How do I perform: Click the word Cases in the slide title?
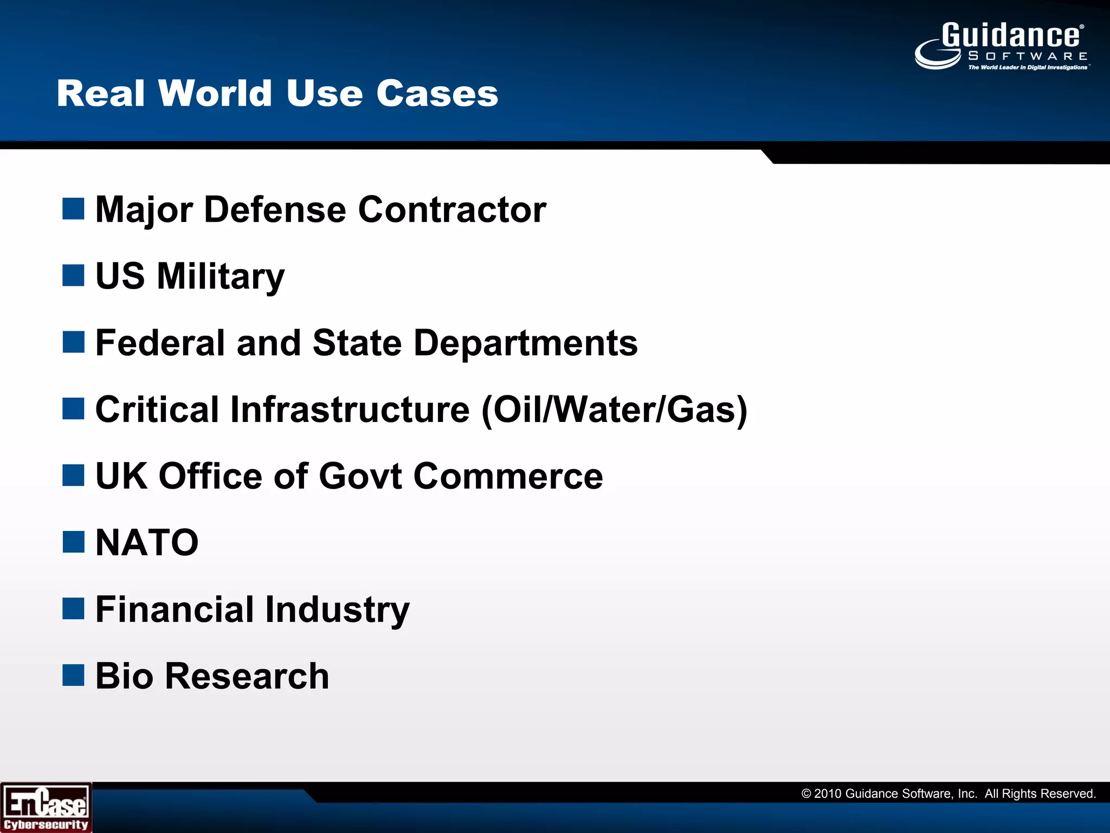pos(437,93)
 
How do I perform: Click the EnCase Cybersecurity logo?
pos(46,808)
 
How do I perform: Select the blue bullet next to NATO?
pos(73,542)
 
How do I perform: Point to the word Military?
pos(220,277)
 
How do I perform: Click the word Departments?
pos(525,343)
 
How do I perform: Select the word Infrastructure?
pos(350,409)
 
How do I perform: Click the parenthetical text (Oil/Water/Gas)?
pos(615,409)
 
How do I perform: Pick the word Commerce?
pos(508,476)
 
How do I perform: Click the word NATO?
pos(147,542)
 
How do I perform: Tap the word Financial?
pos(174,609)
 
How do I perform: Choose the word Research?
pos(247,676)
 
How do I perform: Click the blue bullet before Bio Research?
pos(73,675)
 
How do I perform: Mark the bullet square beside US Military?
pos(73,275)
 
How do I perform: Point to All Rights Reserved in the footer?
pos(1040,794)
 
